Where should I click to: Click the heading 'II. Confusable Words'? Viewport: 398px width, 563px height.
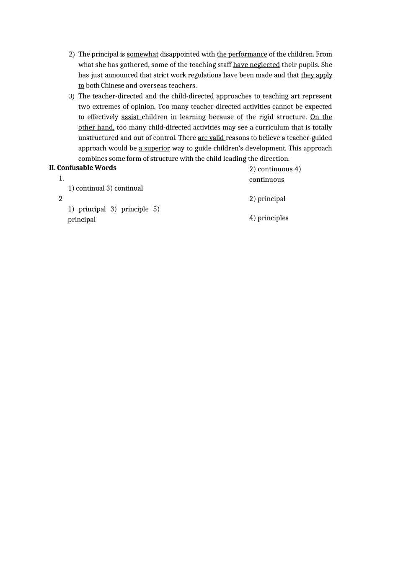coord(83,168)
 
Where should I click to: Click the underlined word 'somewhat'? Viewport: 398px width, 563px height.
coord(142,54)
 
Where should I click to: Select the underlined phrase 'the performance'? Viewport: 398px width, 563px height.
coord(242,54)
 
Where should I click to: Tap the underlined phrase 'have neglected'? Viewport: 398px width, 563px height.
coord(256,65)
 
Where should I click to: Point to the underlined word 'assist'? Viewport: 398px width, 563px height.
coord(130,117)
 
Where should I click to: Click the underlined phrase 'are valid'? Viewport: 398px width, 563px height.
coord(211,138)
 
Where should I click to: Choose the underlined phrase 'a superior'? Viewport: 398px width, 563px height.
coord(154,148)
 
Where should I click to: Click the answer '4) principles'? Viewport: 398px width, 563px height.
coord(269,218)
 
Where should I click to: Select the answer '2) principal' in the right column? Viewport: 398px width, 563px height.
coord(267,199)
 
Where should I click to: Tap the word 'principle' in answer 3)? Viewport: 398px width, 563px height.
coord(135,209)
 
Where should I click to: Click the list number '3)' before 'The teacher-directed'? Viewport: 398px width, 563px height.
coord(72,96)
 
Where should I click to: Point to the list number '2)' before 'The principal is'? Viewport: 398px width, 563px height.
coord(72,54)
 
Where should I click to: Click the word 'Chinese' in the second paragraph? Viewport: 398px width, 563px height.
coord(113,85)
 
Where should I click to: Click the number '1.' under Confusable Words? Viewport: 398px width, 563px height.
coord(61,178)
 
